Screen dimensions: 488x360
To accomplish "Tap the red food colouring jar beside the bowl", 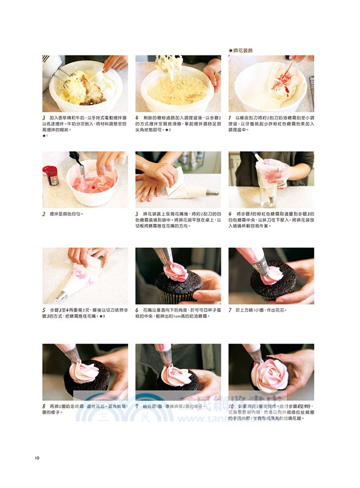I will tap(51, 176).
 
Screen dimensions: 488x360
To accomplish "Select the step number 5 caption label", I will tap(44, 310).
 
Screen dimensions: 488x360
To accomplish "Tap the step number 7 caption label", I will tap(230, 310).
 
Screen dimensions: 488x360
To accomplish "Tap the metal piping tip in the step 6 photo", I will tap(165, 258).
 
